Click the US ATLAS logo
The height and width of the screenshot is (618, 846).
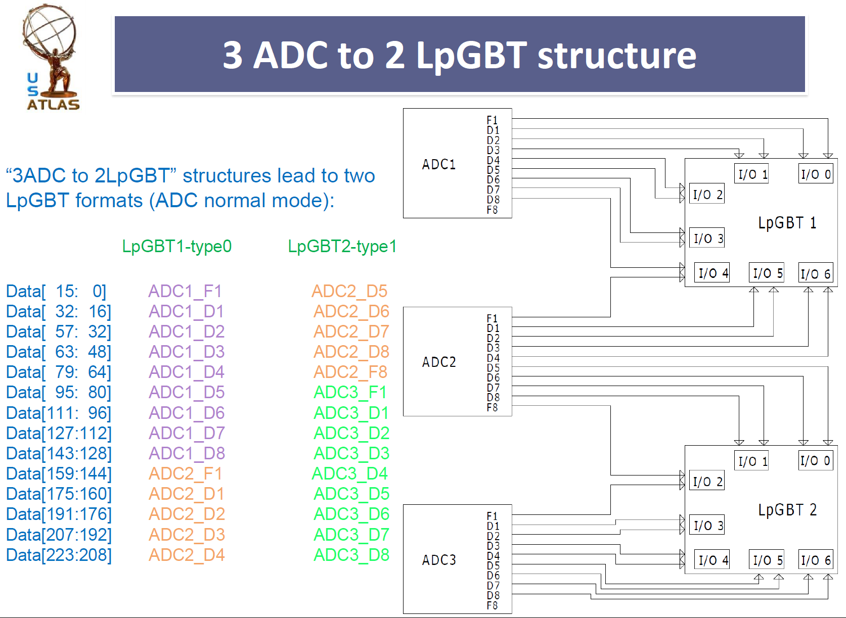(x=51, y=58)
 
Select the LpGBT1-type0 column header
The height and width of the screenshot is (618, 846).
(x=177, y=247)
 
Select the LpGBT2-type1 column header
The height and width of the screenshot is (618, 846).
(x=342, y=247)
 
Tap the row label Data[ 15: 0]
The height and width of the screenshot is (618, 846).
(x=56, y=292)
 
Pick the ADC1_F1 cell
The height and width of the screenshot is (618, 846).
(x=185, y=292)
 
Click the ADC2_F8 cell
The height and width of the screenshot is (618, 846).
(x=350, y=372)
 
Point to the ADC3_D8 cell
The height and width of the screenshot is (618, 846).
(x=351, y=555)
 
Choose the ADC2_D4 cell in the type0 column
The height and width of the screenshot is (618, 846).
(x=187, y=555)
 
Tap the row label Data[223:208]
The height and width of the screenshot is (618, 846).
(x=59, y=555)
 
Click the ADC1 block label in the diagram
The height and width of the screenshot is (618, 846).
(x=439, y=164)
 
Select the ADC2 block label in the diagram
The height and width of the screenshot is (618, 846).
(x=439, y=362)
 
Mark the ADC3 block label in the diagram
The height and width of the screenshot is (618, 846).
(x=439, y=560)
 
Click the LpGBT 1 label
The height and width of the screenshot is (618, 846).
(x=787, y=223)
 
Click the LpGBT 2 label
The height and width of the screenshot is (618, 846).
(x=787, y=510)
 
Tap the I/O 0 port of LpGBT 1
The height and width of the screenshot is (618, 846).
(x=816, y=174)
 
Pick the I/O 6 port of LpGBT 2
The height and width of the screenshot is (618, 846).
(x=816, y=560)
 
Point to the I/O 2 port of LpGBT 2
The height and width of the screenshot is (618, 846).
(x=707, y=482)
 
